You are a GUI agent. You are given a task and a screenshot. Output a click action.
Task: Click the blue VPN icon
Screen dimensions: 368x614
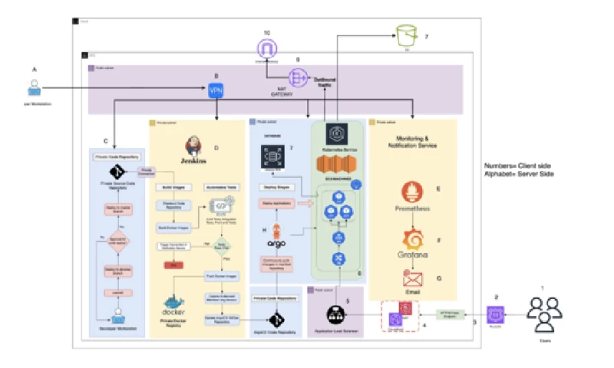click(216, 90)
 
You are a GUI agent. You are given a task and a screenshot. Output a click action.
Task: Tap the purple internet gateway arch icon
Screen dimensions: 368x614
click(266, 48)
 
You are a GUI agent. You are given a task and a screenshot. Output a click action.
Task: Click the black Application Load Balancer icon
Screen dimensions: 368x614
click(334, 314)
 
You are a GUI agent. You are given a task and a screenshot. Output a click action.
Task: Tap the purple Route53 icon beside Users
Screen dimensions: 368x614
click(497, 314)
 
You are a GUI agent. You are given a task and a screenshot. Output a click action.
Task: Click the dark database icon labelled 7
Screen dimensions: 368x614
click(275, 157)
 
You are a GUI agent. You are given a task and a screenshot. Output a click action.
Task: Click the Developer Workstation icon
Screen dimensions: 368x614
click(119, 318)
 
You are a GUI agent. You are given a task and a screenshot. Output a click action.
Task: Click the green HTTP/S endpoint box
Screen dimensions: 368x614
click(451, 314)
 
